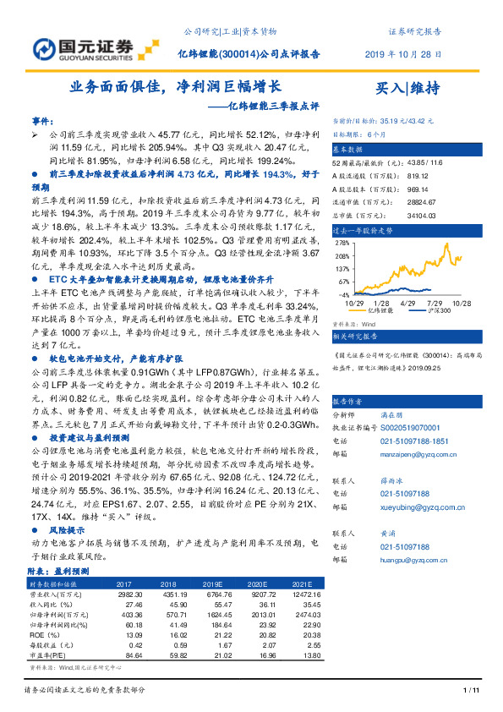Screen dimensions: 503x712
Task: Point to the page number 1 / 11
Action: click(472, 691)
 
